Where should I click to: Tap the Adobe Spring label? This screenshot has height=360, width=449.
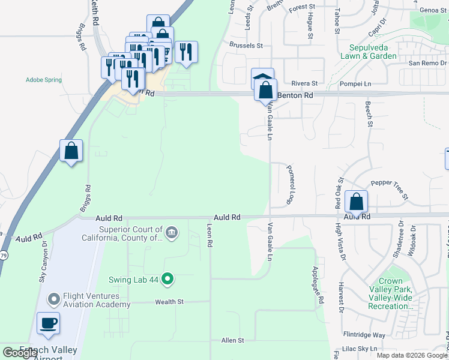tap(44, 79)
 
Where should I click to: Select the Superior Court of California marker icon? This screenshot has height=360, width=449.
tap(172, 233)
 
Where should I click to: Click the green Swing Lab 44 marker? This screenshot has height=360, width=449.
tap(169, 279)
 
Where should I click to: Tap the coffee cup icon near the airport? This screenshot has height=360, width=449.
tap(49, 324)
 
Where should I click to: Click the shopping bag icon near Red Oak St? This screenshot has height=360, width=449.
tap(357, 203)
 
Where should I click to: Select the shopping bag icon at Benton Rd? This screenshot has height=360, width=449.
tap(265, 91)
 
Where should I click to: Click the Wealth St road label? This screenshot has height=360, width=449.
tap(169, 302)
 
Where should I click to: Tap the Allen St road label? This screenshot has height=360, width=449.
tap(233, 340)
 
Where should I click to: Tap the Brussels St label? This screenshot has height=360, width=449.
tap(246, 45)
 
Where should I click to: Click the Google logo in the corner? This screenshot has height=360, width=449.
tap(20, 353)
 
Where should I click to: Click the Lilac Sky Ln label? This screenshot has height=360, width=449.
tap(357, 348)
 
